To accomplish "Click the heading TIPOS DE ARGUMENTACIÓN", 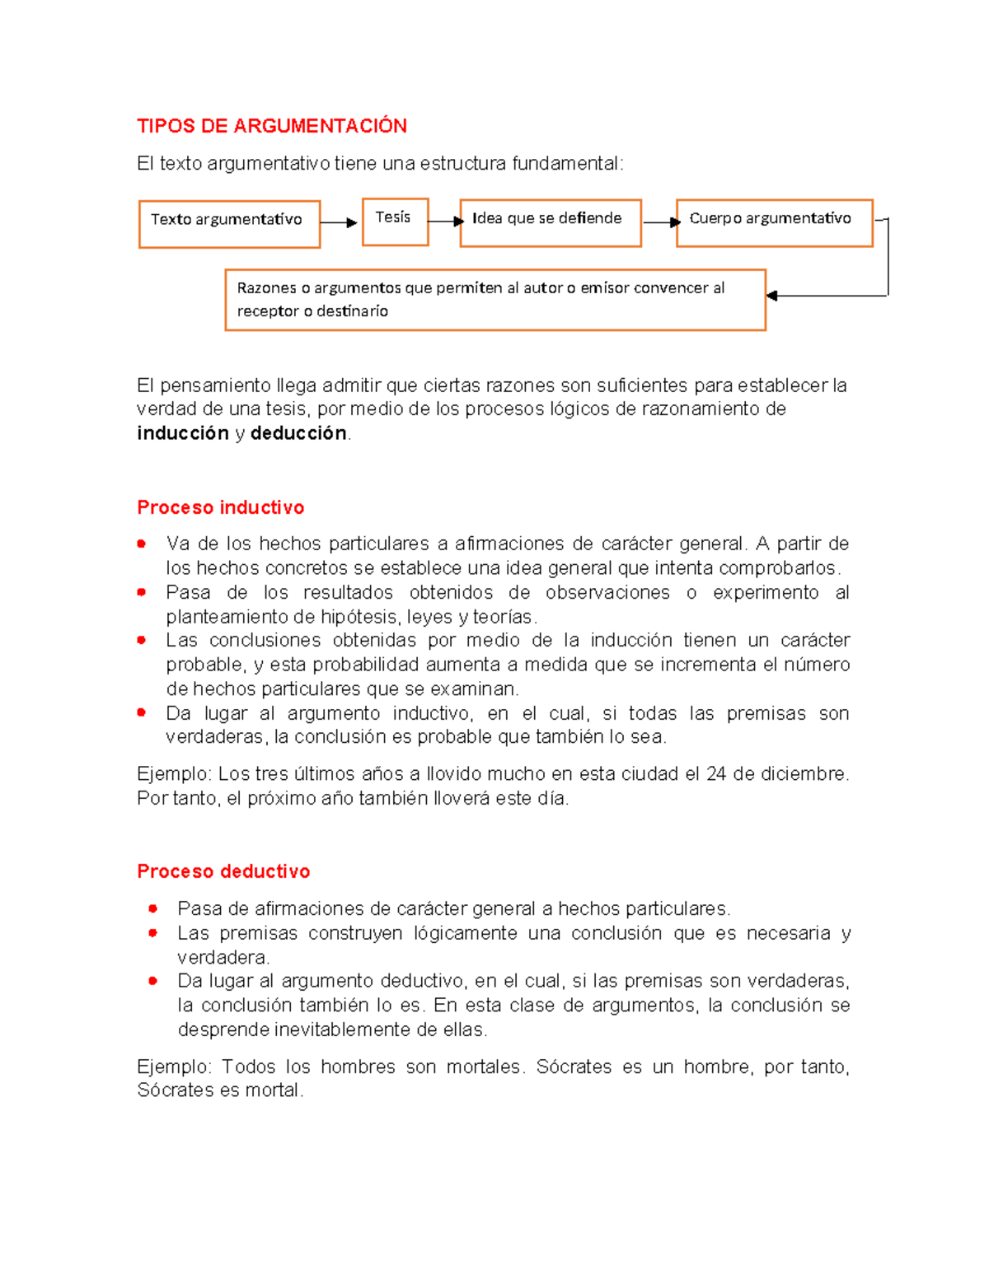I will point(271,126).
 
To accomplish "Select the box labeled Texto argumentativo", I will point(229,223).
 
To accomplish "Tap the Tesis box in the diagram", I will point(395,221).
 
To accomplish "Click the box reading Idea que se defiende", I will point(550,222).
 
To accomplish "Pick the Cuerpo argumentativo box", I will point(773,222).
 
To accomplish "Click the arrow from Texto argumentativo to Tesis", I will point(339,222).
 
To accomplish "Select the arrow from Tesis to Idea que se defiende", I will point(446,221).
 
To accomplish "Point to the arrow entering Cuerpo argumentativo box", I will point(661,222).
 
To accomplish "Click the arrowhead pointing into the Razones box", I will point(772,296).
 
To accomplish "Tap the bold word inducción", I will point(182,433).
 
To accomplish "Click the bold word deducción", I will point(298,433).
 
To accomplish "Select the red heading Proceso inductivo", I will point(220,507).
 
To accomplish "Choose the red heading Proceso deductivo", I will point(223,871).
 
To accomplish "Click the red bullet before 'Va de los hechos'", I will point(142,544).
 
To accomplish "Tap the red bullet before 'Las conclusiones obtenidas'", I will point(142,640).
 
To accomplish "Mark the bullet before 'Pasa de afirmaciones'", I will point(152,908).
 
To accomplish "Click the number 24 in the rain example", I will point(716,774).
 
